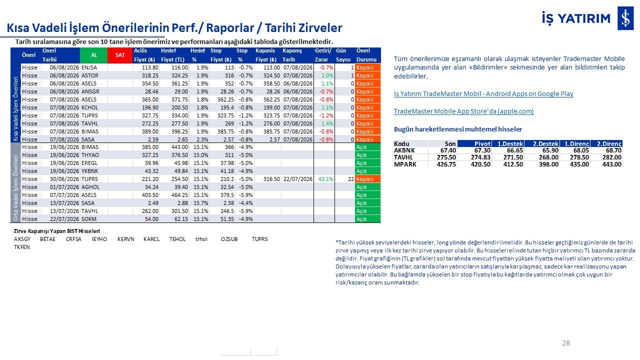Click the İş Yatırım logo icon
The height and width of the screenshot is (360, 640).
pos(625,18)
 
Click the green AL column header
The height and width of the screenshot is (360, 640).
pos(93,55)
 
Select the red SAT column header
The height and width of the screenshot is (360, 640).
pos(120,55)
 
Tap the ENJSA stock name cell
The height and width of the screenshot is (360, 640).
pos(89,67)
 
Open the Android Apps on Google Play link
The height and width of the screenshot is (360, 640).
pos(483,93)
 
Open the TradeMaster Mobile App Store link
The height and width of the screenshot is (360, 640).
pos(463,111)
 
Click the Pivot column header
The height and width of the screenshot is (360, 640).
pos(474,143)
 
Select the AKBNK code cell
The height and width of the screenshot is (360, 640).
pos(404,150)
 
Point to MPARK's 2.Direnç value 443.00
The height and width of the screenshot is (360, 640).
pos(611,164)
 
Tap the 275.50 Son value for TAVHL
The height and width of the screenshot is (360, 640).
pos(446,157)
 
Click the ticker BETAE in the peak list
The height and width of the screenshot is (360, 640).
pos(47,239)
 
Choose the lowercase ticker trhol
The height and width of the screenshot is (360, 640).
pos(201,239)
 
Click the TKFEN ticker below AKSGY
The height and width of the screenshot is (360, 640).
pos(21,247)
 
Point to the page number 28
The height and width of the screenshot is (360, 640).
pos(565,343)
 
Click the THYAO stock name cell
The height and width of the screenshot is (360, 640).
pos(90,155)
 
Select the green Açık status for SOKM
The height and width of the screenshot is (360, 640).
pos(367,219)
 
